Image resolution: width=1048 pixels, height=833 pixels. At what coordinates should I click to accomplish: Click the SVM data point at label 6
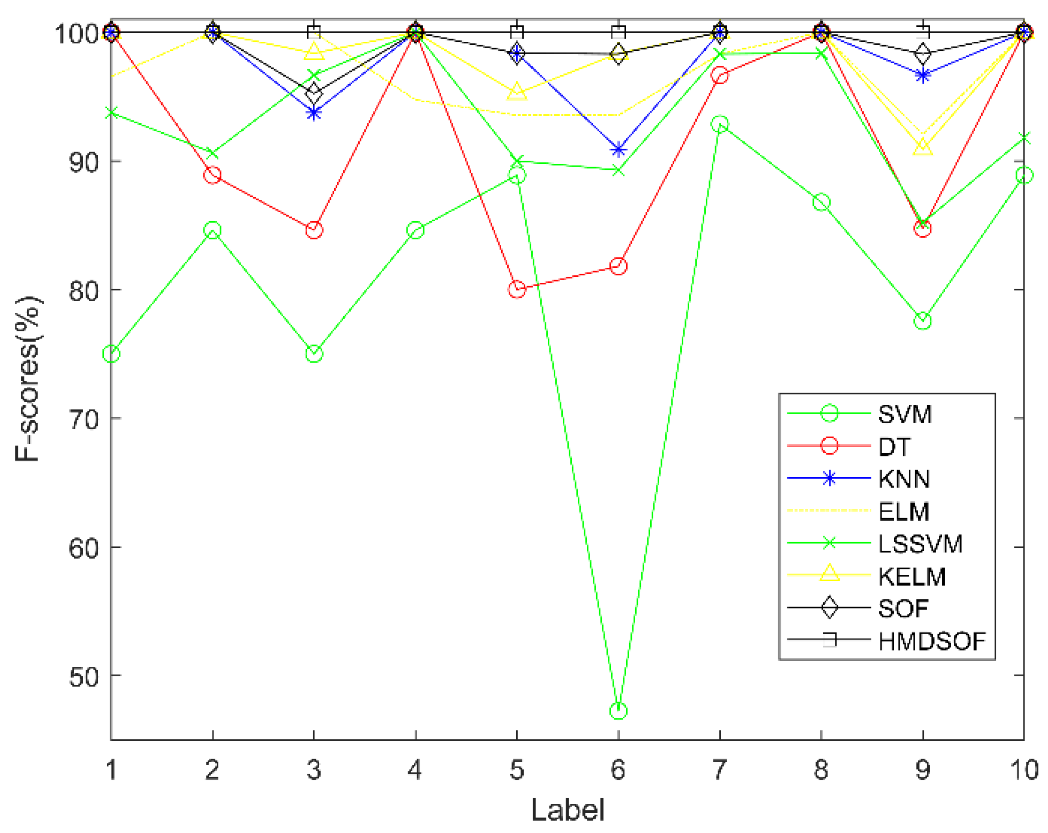tap(618, 711)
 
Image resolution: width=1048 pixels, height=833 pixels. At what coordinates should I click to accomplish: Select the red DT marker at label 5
tap(517, 289)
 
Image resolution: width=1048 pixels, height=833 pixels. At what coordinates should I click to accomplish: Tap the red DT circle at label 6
tap(618, 266)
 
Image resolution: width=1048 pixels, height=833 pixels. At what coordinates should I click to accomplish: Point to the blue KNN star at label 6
tap(618, 150)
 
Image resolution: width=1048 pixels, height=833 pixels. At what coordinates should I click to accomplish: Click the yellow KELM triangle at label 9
tap(922, 146)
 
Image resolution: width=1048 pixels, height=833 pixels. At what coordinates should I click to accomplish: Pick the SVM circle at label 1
tap(111, 354)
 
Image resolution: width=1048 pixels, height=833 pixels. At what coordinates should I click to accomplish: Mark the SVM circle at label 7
tap(719, 124)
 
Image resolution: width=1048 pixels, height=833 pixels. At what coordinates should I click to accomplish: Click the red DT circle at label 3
tap(314, 230)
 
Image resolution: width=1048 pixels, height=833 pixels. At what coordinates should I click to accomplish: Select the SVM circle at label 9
tap(922, 321)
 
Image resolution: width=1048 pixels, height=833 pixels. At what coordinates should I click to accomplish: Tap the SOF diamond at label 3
tap(314, 91)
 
